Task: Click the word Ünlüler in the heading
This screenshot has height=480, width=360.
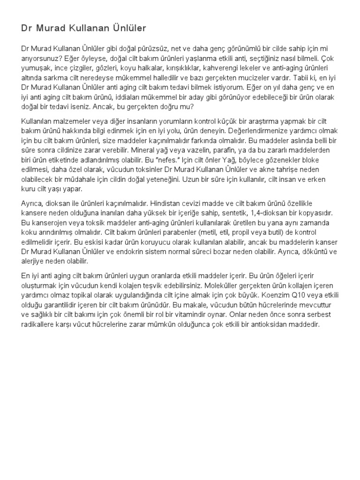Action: point(127,29)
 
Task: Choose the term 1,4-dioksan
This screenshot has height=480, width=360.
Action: point(258,213)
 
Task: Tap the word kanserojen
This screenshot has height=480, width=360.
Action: point(50,223)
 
